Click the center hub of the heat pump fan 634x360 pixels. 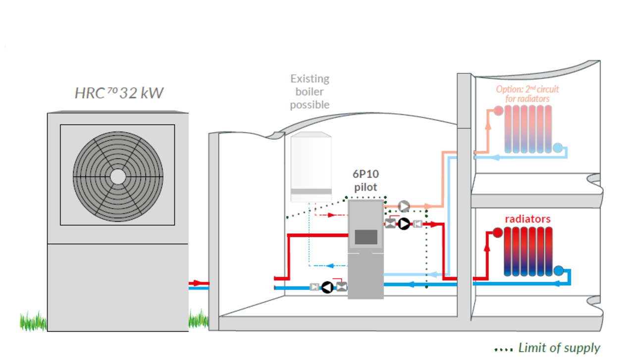(117, 177)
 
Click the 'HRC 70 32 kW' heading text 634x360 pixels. (119, 93)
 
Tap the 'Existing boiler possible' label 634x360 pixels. (310, 92)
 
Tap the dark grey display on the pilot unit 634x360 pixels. (366, 237)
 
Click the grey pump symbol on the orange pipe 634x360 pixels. (404, 206)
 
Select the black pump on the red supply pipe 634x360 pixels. (404, 224)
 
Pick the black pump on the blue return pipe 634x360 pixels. (327, 287)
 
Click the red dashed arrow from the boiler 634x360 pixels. (330, 215)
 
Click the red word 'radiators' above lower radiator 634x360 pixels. (528, 219)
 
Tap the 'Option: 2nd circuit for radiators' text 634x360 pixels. (528, 94)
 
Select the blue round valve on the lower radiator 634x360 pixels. (559, 270)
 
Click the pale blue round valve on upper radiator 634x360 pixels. (558, 148)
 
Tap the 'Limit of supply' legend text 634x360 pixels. (559, 348)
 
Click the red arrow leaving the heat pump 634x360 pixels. (198, 283)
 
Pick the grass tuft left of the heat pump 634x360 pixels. (33, 321)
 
